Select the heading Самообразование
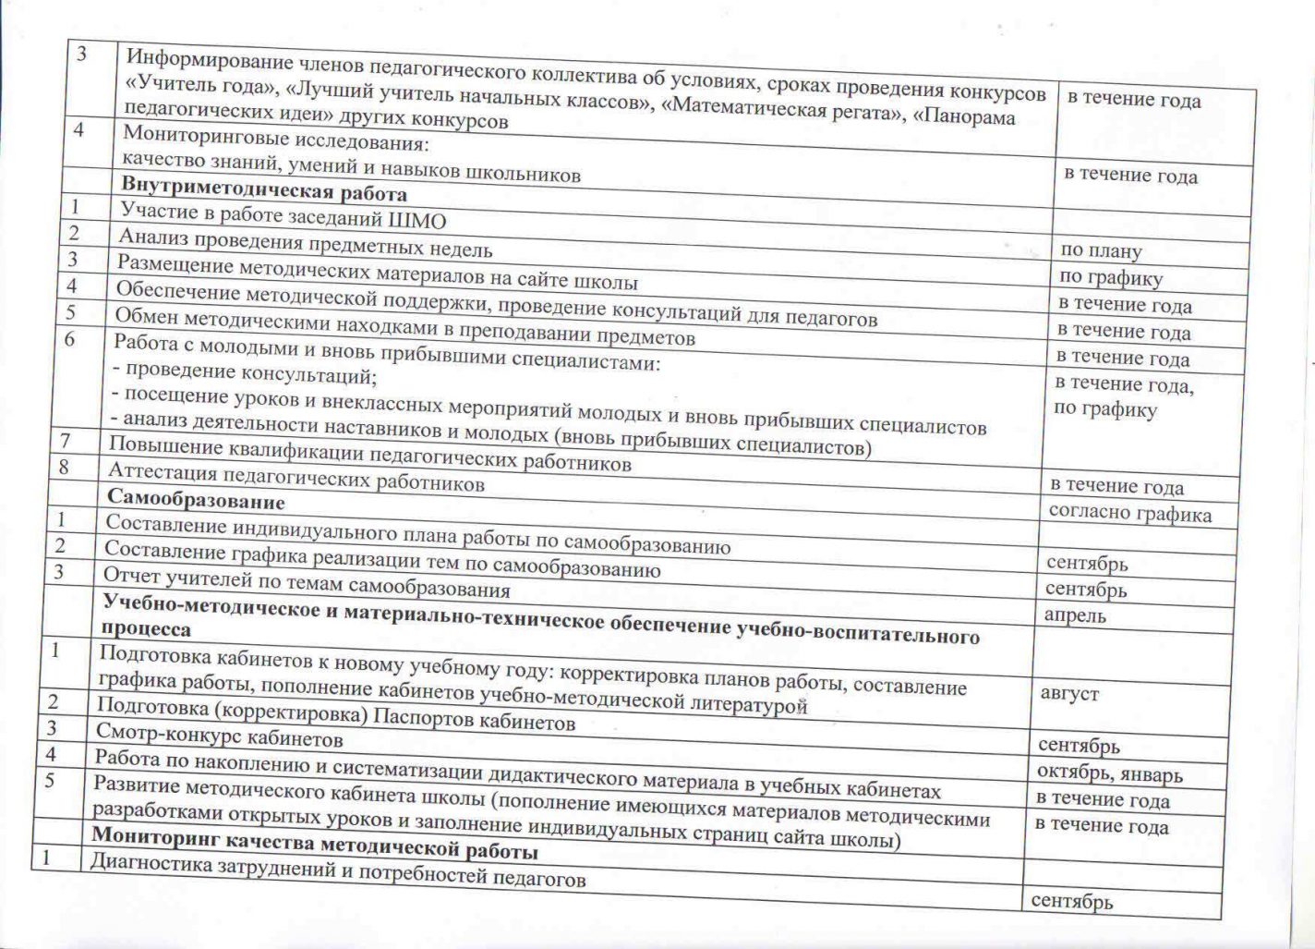[196, 501]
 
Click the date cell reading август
[1069, 693]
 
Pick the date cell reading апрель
[1075, 614]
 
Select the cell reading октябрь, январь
[1109, 773]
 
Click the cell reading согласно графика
[1129, 513]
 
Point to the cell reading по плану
[1101, 250]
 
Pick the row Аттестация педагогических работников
[296, 478]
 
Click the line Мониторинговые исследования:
[276, 140]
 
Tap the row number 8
[64, 466]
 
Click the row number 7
[65, 439]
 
